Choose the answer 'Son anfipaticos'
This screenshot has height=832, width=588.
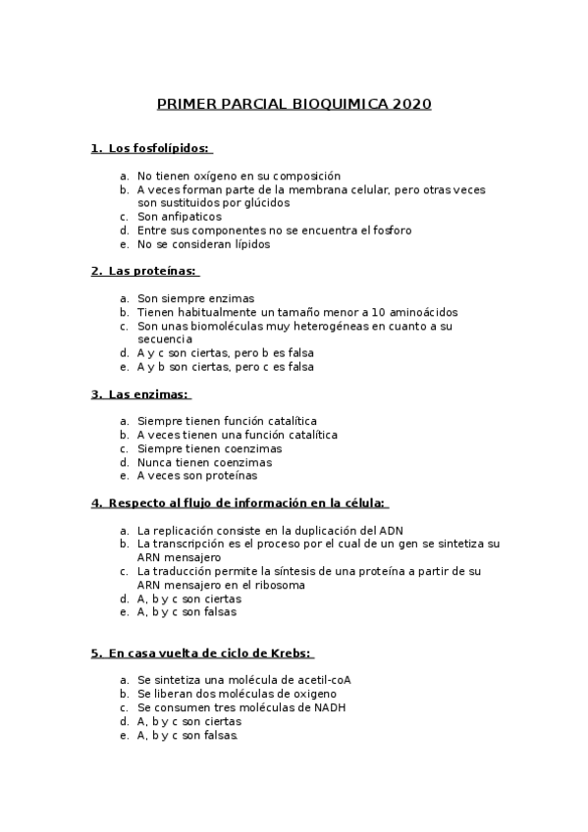[x=180, y=217]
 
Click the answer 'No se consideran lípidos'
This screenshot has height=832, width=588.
[x=203, y=244]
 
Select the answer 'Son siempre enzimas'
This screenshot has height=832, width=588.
[x=195, y=298]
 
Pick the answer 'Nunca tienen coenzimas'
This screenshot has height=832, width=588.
[x=204, y=462]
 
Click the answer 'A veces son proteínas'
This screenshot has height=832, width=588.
[x=197, y=476]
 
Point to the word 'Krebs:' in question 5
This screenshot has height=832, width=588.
[x=292, y=652]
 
